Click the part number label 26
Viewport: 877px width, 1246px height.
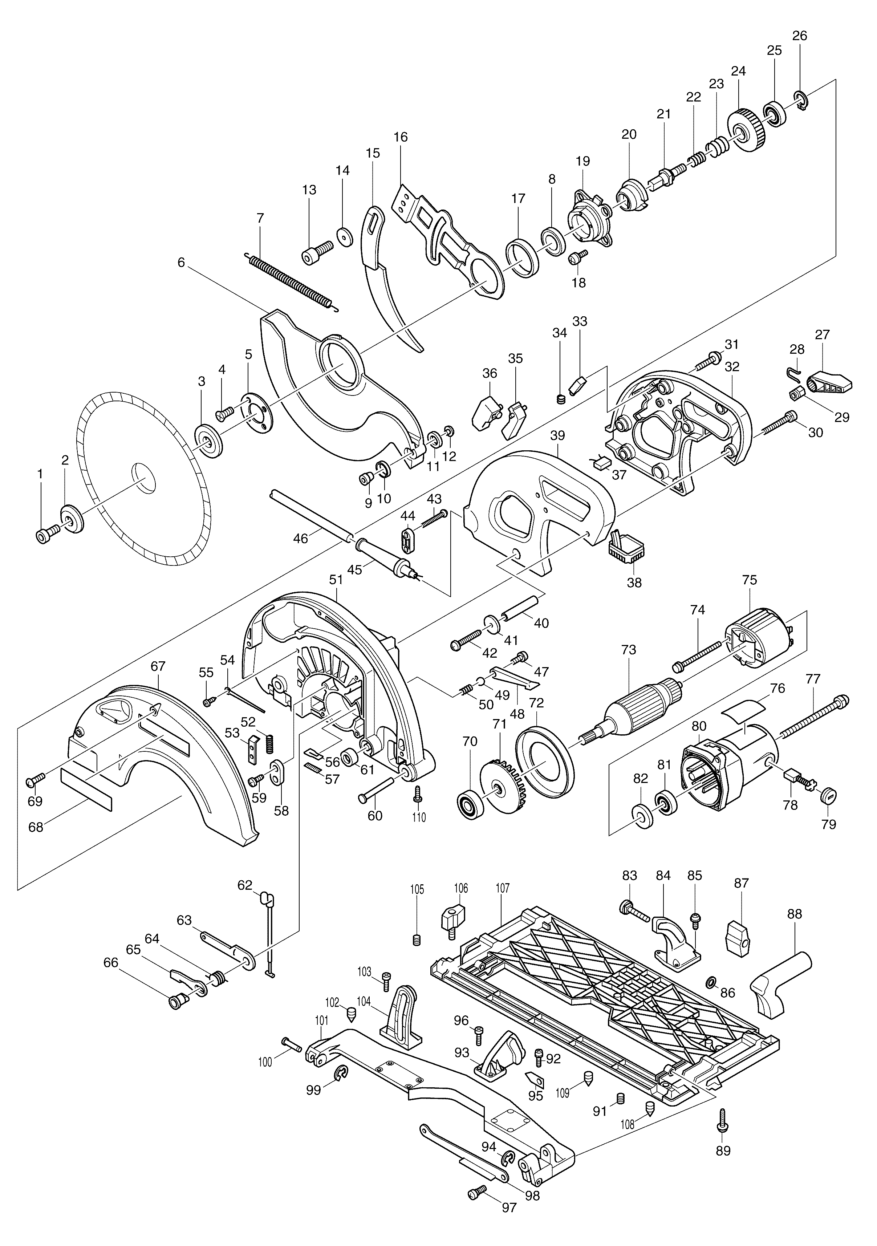point(799,36)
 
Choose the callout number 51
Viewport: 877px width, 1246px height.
point(337,580)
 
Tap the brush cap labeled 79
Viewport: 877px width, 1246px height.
point(829,796)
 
